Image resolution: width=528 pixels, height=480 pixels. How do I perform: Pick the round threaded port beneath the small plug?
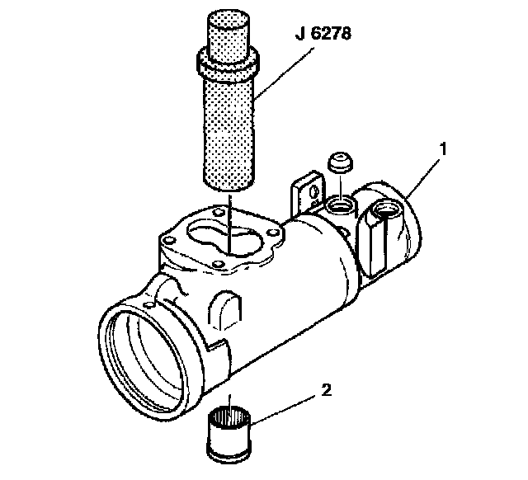(x=339, y=203)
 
